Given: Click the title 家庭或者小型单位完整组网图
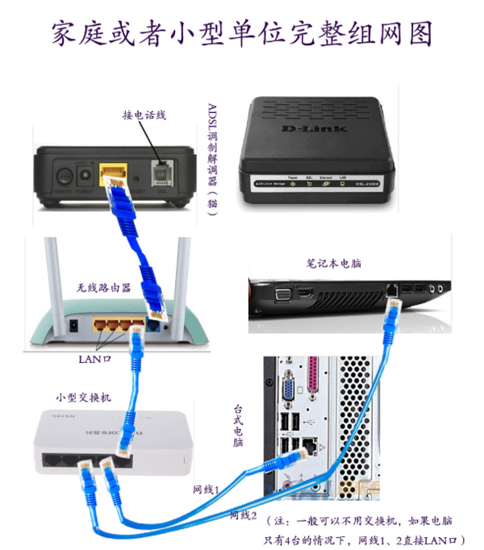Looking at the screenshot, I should pos(242,34).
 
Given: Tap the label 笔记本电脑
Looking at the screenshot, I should pos(333,264).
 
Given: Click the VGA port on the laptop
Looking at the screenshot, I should pos(284,294).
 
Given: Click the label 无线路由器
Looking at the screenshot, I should pos(102,287).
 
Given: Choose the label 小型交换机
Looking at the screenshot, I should pos(83,398).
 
